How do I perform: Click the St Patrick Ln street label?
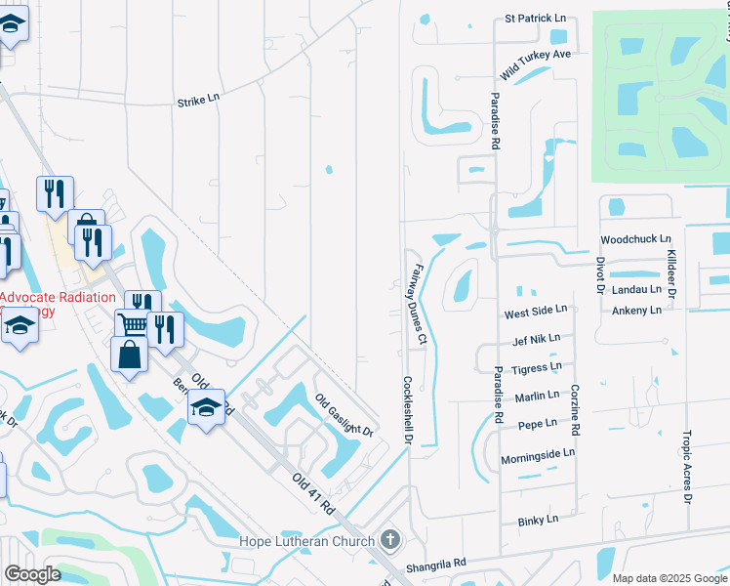[535, 19]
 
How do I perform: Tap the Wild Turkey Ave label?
[535, 63]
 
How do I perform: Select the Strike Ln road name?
[199, 102]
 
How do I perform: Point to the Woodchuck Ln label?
[636, 239]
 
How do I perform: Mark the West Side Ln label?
[535, 312]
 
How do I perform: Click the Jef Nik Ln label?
[536, 339]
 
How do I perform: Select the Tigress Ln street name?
[537, 367]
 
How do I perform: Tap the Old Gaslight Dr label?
[345, 414]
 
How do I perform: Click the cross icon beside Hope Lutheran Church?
[389, 540]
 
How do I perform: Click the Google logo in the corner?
[33, 574]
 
